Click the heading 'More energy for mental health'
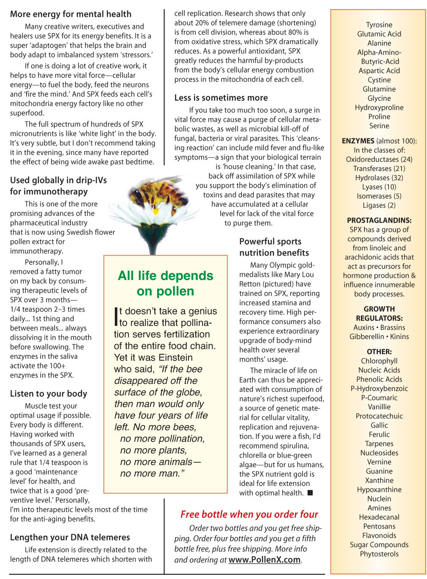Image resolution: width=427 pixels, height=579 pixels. point(71,14)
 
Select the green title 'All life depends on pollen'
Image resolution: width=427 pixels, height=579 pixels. point(166,283)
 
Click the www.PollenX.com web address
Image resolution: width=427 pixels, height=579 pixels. point(264,560)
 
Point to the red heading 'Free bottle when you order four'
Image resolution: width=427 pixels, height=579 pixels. point(249,514)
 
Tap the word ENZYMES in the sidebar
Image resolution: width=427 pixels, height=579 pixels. point(358,141)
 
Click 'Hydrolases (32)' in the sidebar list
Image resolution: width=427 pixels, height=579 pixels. point(379,178)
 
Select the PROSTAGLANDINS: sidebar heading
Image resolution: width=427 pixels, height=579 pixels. point(379,220)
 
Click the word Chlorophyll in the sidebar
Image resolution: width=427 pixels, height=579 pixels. point(379,361)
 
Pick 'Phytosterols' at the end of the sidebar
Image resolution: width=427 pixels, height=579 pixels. point(379,554)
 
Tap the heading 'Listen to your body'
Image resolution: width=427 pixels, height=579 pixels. point(49,394)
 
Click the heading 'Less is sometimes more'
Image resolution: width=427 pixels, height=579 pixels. point(221,98)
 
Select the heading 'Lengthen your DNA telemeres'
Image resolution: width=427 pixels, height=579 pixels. point(70,537)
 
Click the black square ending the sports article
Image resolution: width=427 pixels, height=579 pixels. point(310,493)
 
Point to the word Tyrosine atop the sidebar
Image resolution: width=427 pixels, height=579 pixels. point(379,25)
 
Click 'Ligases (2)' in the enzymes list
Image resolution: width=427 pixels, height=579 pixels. point(379,205)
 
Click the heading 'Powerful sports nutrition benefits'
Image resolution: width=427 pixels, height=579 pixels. point(274,247)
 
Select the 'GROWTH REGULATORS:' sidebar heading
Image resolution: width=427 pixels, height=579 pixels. point(379,314)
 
